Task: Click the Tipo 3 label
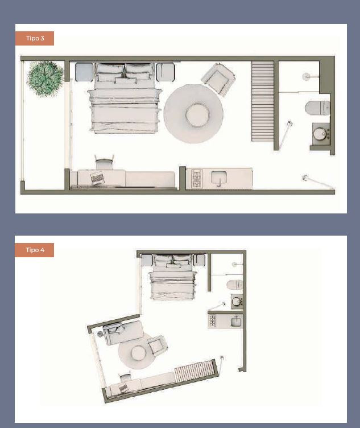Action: (x=35, y=38)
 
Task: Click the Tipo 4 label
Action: (x=35, y=250)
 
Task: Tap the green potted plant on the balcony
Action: (x=45, y=79)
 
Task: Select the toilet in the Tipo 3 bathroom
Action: (x=317, y=108)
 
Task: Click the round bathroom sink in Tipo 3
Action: (x=320, y=134)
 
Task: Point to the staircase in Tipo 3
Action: (x=262, y=101)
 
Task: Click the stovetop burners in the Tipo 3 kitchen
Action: (x=197, y=179)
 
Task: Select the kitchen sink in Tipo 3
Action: (x=219, y=178)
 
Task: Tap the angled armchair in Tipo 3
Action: (x=218, y=79)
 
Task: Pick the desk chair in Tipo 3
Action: (x=104, y=162)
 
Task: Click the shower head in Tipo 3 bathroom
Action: (x=307, y=76)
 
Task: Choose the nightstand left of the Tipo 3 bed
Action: (x=84, y=72)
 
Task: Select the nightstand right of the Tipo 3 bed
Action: (x=165, y=72)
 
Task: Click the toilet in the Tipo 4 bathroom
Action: (x=234, y=284)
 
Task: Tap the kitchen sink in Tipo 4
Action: (x=236, y=321)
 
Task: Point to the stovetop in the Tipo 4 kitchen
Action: (x=212, y=321)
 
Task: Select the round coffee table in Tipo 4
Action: (x=139, y=353)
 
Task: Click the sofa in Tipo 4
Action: (x=123, y=332)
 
